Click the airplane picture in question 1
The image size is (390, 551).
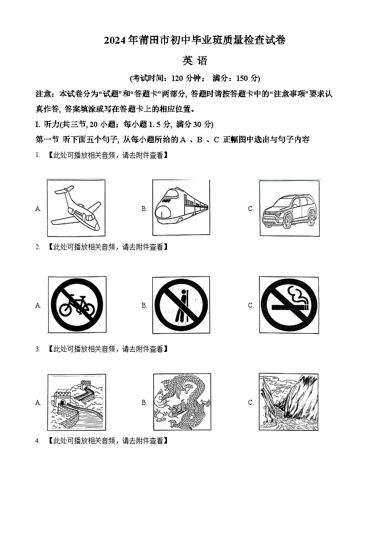pos(76,208)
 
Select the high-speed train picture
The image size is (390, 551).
pos(181,208)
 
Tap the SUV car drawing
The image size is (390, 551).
pos(289,208)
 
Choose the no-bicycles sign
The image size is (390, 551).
pos(77,305)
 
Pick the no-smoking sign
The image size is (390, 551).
pos(289,305)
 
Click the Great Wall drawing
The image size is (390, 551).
pos(76,402)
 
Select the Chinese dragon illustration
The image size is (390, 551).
pos(182,402)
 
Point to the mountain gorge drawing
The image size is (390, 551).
pos(289,402)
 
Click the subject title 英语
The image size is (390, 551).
pos(195,61)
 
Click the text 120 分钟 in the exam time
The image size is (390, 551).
pos(184,78)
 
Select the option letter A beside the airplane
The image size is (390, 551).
pos(38,209)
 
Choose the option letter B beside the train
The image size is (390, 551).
pos(144,209)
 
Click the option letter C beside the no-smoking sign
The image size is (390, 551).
pos(251,305)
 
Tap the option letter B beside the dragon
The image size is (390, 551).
pos(144,402)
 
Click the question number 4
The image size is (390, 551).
pos(37,441)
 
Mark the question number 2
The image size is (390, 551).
pos(37,247)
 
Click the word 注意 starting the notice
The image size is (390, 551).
pos(44,94)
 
